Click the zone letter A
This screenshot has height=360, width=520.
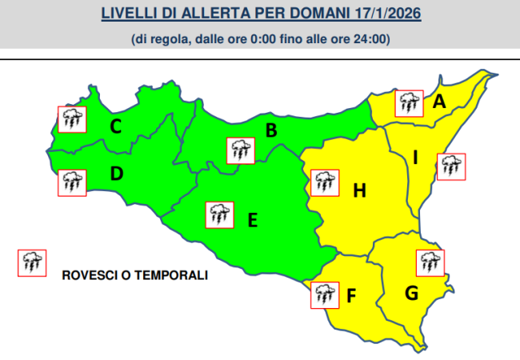coord(438,102)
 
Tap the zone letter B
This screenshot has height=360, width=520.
coord(271,130)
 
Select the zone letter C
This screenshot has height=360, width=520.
coord(116,126)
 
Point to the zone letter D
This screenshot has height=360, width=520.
coord(116,172)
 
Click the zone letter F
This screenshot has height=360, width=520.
coord(350,297)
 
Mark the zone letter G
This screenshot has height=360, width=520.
coord(411,293)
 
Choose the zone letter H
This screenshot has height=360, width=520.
coord(359,190)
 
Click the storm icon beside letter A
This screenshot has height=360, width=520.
coord(410,103)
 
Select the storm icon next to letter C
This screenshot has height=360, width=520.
coord(72,120)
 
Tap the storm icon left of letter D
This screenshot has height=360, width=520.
coord(72,182)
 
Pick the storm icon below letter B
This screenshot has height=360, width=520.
coord(240,150)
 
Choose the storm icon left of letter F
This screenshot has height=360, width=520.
coord(324,294)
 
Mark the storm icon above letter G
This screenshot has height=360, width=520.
coord(430,262)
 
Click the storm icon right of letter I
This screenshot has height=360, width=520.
coord(450,166)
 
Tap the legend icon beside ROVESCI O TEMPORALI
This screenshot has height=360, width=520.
coord(31,263)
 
